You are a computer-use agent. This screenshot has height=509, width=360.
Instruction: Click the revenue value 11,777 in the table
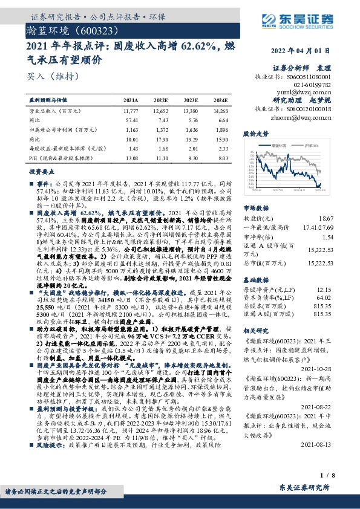pyautogui.click(x=130, y=112)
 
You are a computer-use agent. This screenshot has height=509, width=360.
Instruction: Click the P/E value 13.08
pyautogui.click(x=131, y=157)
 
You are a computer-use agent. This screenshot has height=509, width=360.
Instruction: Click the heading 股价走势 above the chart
pyautogui.click(x=255, y=132)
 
